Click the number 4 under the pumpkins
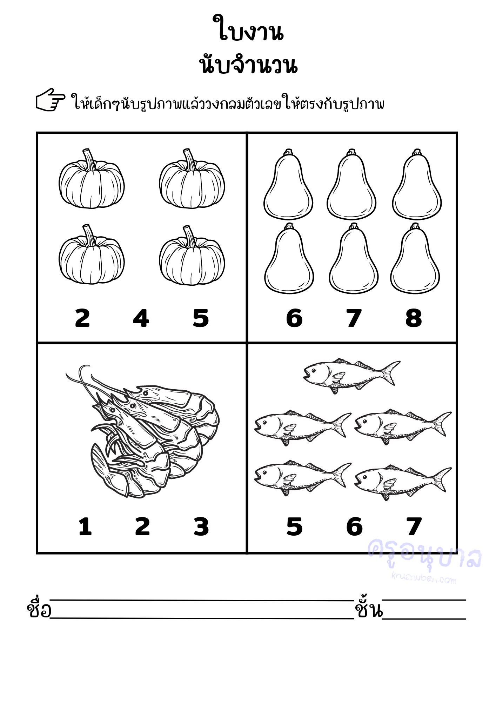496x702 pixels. click(141, 318)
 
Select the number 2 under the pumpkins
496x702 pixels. click(82, 318)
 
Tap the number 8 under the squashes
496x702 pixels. click(414, 318)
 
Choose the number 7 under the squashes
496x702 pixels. click(354, 318)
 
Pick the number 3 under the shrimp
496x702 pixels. click(201, 526)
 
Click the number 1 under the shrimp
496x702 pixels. click(85, 526)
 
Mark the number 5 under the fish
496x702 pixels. click(294, 526)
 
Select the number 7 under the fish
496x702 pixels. click(414, 526)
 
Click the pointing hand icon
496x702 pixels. click(51, 100)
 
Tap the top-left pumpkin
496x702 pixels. click(92, 179)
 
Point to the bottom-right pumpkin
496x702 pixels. click(192, 255)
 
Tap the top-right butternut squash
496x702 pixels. click(417, 184)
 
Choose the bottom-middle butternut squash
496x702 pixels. click(354, 258)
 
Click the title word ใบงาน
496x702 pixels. click(248, 28)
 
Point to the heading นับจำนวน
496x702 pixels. click(248, 65)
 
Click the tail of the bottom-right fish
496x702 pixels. click(442, 479)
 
